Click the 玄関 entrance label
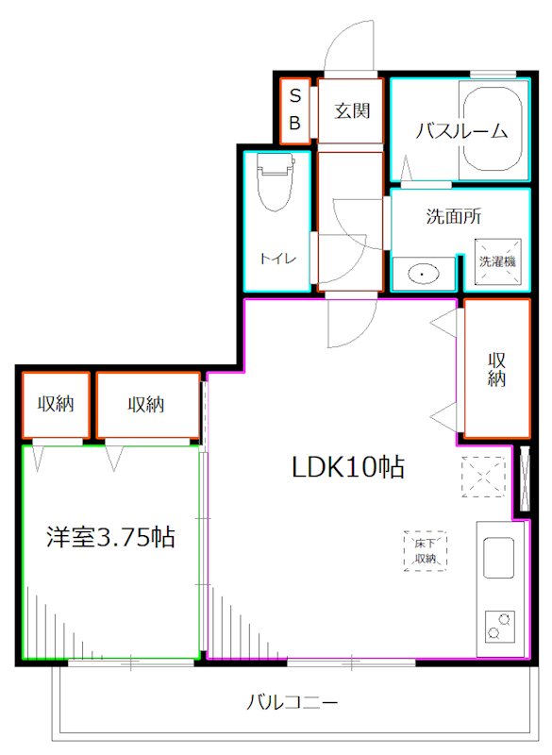(x=351, y=110)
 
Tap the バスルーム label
(x=455, y=130)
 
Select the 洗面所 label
(x=454, y=215)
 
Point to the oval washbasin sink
(x=423, y=274)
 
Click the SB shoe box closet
(x=294, y=109)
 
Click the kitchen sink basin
(x=498, y=558)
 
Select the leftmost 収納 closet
(x=56, y=404)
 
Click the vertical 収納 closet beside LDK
(x=497, y=368)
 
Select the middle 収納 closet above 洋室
(x=146, y=404)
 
